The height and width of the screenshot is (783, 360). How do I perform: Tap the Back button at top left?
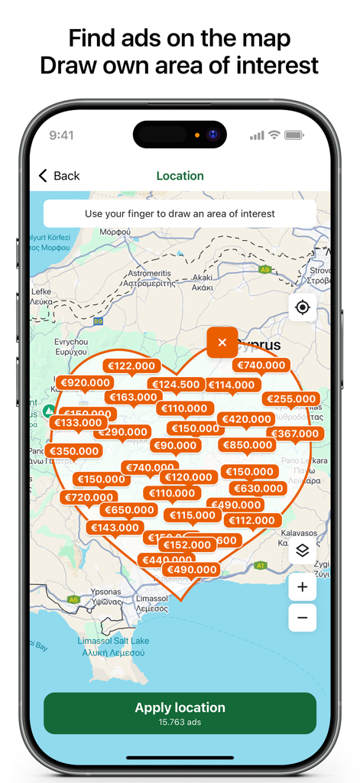pos(59,176)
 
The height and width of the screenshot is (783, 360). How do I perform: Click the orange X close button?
pos(222,343)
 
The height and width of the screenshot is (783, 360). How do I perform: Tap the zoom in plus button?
pos(303,587)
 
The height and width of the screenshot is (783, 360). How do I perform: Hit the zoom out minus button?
pos(303,618)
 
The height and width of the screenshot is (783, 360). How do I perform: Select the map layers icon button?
pos(303,551)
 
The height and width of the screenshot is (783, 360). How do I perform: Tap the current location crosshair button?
pos(303,307)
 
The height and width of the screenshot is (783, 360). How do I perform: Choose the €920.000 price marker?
pos(85,382)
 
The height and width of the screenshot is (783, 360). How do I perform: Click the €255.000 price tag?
pos(291,398)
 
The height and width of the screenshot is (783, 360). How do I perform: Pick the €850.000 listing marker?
pos(247,445)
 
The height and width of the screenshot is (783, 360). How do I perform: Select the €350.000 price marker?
pos(73,451)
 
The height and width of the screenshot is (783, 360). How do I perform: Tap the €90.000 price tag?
pos(175,446)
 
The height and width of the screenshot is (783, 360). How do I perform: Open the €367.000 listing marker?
pos(295,434)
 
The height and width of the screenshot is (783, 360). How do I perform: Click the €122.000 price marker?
pos(131,366)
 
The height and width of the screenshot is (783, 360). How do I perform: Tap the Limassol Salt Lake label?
pos(113,641)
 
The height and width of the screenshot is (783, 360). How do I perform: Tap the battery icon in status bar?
pos(294,135)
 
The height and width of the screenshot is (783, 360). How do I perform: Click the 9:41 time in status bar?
pos(61,135)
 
